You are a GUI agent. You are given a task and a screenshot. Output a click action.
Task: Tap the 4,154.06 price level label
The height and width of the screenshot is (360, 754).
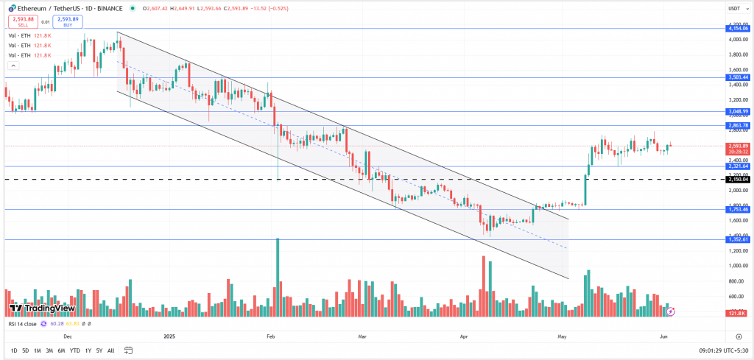[x=737, y=29]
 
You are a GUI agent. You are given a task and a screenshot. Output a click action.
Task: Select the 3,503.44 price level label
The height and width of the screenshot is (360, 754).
[x=737, y=77]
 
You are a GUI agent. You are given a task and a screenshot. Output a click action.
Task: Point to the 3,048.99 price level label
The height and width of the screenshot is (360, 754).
[x=737, y=111]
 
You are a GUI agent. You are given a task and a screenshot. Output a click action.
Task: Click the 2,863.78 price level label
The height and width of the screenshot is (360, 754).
[x=737, y=126]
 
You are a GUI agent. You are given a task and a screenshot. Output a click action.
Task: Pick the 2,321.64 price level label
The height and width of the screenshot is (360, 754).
[x=737, y=166]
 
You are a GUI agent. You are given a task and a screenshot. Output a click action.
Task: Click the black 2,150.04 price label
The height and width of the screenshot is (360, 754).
[x=737, y=179]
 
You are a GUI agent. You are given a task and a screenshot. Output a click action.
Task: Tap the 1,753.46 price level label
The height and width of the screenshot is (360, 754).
[x=737, y=210]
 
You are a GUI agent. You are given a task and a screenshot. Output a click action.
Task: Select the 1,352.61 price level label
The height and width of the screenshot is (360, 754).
[x=737, y=239]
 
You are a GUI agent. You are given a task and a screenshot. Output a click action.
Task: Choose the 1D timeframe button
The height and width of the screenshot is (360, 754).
[x=14, y=350]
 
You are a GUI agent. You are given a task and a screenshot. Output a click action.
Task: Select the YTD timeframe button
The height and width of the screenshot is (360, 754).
[x=74, y=350]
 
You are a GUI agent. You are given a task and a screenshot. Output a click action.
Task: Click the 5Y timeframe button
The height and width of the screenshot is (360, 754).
[x=99, y=350]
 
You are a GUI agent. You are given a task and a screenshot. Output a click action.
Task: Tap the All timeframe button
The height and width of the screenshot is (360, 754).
[x=111, y=350]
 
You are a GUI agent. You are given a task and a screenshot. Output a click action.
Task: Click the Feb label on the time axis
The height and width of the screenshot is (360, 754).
[x=270, y=335]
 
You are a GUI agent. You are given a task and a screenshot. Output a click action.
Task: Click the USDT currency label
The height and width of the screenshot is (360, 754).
[x=734, y=10]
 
